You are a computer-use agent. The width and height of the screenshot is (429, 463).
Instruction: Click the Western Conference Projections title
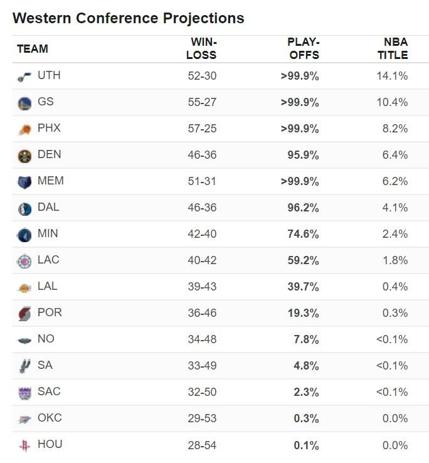[128, 18]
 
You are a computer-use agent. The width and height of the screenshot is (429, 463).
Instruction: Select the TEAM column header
[33, 49]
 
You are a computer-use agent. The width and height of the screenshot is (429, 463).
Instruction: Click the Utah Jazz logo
[24, 77]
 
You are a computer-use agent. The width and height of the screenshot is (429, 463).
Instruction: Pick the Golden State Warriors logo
[24, 103]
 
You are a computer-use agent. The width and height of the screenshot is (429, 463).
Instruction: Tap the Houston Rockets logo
[24, 445]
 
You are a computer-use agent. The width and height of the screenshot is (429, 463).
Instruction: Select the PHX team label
[49, 128]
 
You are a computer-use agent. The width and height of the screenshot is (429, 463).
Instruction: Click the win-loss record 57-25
[202, 129]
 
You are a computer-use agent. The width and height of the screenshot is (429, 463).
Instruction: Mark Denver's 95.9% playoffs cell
[304, 155]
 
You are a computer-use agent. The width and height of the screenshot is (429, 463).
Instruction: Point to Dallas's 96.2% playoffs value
[304, 208]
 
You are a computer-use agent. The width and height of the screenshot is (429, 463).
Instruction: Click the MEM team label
[50, 181]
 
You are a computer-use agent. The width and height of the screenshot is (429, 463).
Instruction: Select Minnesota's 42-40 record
[202, 234]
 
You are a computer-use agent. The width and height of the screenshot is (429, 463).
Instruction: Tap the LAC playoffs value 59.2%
[304, 260]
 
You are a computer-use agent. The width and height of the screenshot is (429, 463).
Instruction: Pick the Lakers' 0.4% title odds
[398, 287]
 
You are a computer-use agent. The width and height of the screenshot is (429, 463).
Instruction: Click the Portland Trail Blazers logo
[24, 314]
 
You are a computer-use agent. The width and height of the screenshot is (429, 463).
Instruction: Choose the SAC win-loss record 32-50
[202, 392]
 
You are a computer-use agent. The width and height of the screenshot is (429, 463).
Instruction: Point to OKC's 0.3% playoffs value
[306, 418]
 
